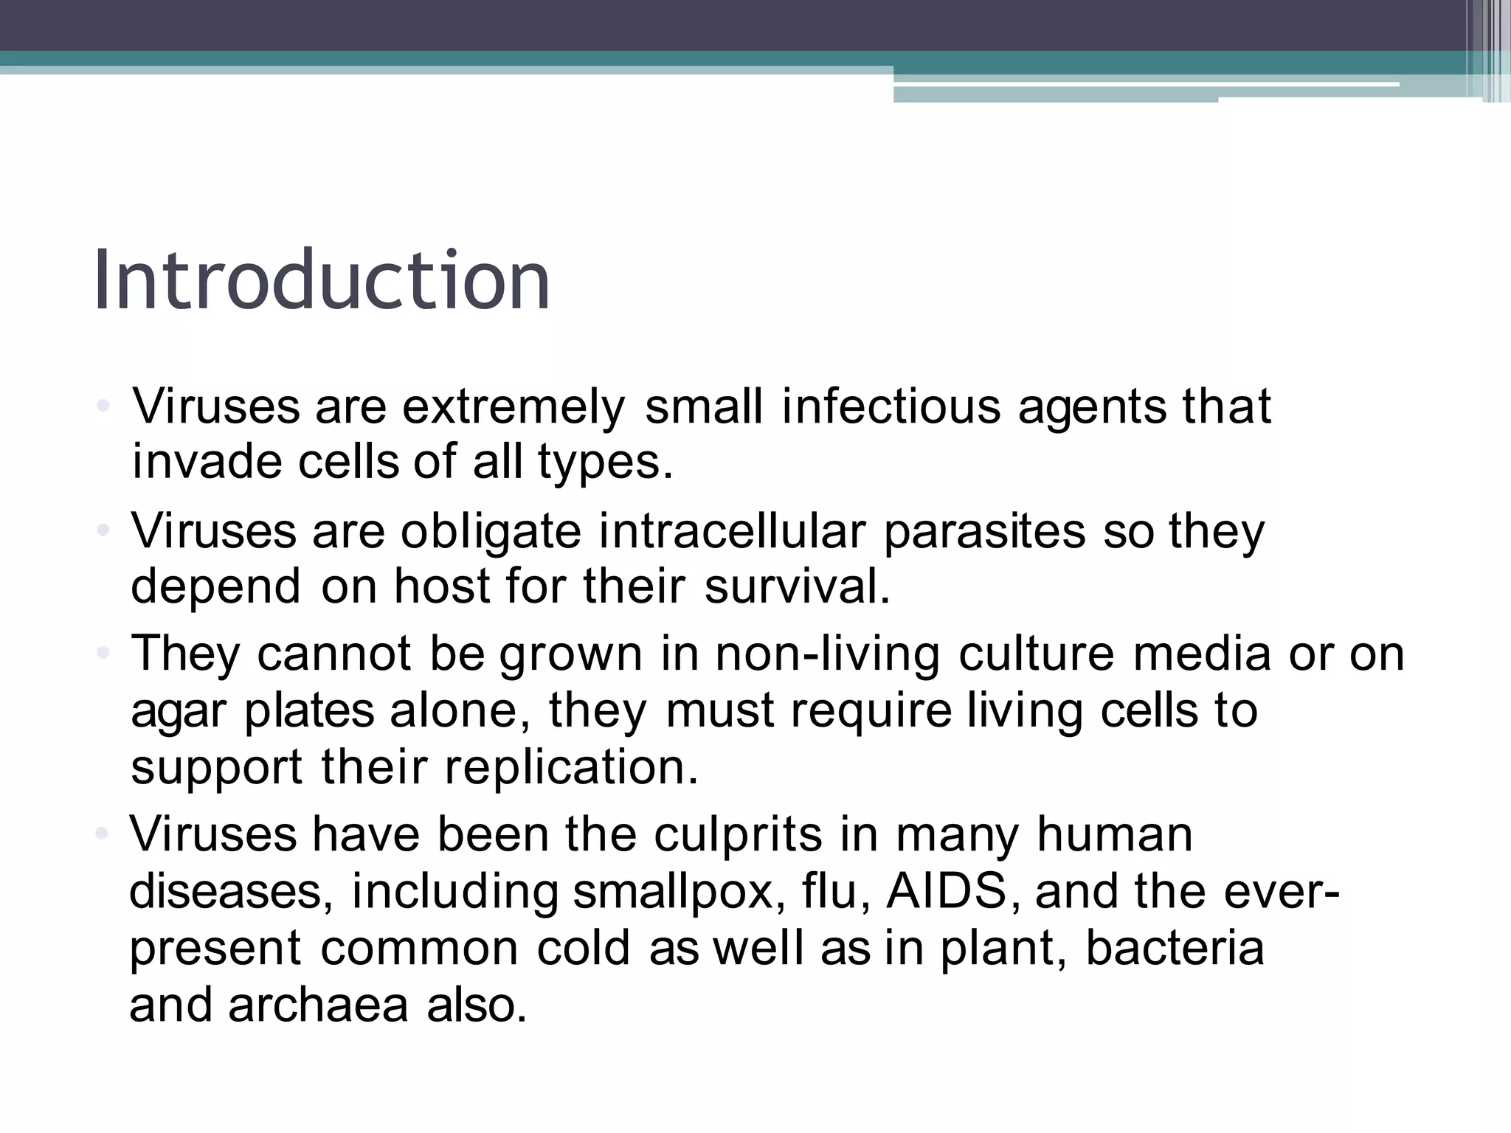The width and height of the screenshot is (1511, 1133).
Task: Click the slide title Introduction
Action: tap(322, 281)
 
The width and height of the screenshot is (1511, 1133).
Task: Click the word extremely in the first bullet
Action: tap(514, 406)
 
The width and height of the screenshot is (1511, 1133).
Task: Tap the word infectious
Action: tap(891, 406)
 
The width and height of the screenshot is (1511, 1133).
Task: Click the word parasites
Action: tap(984, 531)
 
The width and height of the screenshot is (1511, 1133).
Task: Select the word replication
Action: tap(570, 767)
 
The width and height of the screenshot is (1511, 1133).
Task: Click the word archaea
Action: tap(318, 1005)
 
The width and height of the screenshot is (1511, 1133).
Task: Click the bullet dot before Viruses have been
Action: tap(103, 834)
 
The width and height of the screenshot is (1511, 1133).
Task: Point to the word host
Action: tap(442, 587)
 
